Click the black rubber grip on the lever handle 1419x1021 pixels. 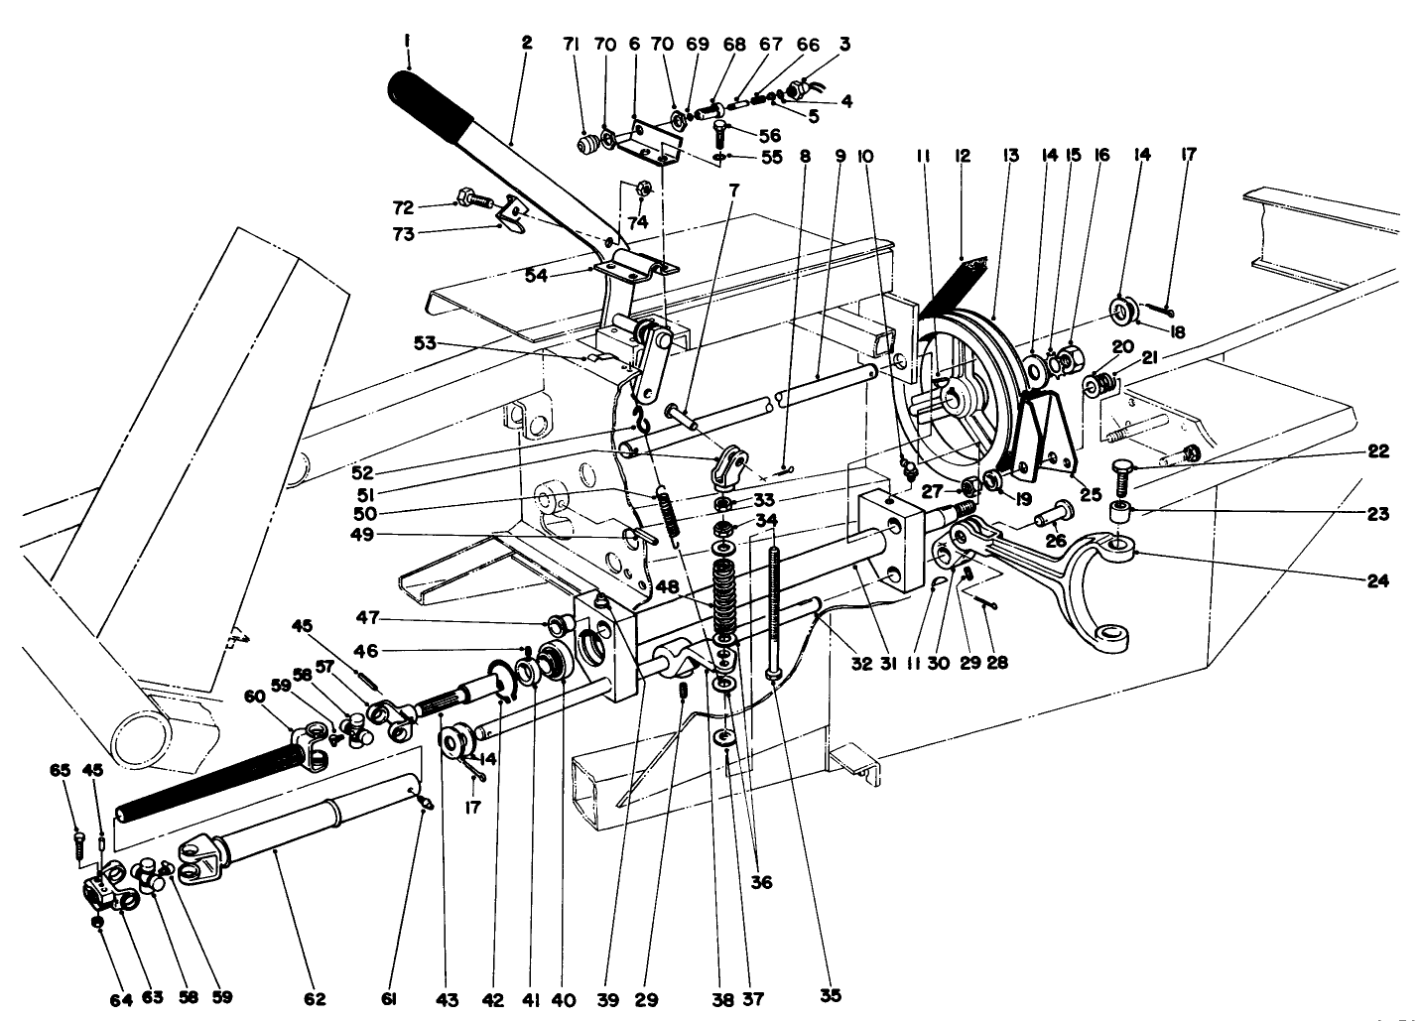[x=432, y=104]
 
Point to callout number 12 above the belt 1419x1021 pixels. [x=961, y=155]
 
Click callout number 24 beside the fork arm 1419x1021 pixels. [x=1373, y=581]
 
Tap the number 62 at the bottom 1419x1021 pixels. [x=317, y=998]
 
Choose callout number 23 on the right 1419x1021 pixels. [x=1375, y=514]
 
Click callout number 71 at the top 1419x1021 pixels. [x=570, y=45]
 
